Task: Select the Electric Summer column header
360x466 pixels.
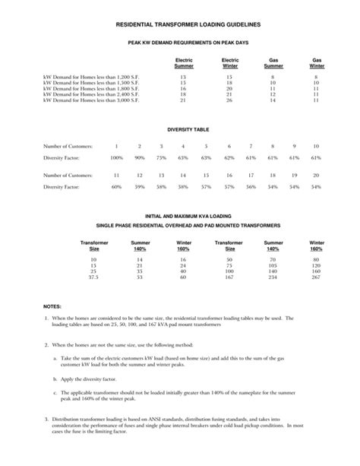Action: (184, 63)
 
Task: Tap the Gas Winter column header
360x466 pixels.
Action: (317, 63)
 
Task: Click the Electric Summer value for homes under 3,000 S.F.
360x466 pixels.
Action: (184, 100)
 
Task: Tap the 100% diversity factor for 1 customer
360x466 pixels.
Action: (116, 157)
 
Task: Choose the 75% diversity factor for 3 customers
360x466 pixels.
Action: (161, 157)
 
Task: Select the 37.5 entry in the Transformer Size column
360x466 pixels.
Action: (94, 277)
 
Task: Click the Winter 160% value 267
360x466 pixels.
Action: (317, 277)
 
